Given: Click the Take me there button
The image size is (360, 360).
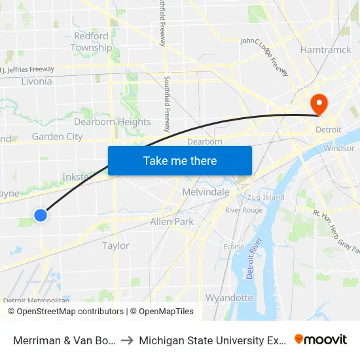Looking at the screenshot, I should pos(180,160).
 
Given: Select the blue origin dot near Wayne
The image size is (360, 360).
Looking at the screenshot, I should pos(41,215).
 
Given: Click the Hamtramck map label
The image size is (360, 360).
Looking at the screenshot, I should pos(326,50).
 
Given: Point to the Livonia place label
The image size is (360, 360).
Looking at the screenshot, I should pos(37,82).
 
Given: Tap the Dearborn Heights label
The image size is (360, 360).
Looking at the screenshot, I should pos(112,122).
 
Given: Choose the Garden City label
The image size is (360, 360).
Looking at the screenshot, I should pos(57,137).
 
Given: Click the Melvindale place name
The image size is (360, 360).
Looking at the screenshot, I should pos(206,192).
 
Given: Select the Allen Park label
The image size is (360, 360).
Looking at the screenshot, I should pos(171,222).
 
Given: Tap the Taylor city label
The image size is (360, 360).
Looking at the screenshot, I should pos(116,246).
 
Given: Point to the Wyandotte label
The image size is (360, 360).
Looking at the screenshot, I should pos(229,298).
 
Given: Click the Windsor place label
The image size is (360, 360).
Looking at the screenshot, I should pos(338,149).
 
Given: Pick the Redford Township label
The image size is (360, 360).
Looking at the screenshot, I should pos(91,42).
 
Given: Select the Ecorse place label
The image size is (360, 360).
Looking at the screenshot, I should pos(234,247).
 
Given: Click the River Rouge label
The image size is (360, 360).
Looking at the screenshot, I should pos(243,210).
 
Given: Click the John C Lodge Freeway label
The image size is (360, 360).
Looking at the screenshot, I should pos(265,56).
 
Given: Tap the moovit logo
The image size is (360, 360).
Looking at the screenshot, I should pos(321,340).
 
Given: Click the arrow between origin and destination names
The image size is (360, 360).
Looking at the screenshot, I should pos(127,340).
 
